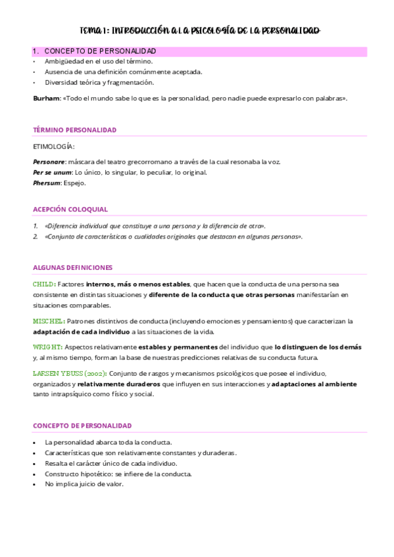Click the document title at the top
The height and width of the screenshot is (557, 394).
[199, 31]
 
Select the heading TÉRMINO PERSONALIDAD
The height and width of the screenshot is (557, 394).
[74, 130]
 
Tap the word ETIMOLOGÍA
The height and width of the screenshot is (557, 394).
[53, 146]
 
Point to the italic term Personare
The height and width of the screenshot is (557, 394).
[49, 162]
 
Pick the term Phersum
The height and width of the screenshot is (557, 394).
[46, 183]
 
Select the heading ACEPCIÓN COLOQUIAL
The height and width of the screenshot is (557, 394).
[70, 209]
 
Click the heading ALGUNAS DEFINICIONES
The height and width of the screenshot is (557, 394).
[72, 267]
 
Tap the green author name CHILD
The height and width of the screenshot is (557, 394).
[44, 284]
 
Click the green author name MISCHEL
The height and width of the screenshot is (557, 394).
[49, 321]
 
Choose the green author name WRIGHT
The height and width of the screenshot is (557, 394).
[47, 346]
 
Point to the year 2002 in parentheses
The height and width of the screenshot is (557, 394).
[97, 373]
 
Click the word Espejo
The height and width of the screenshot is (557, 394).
[74, 183]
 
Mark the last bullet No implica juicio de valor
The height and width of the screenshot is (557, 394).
[84, 484]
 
